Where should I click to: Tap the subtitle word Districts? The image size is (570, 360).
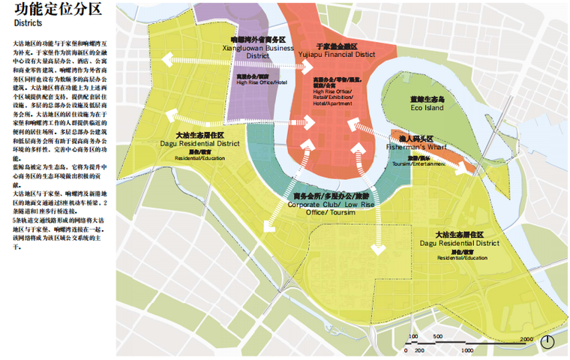pyautogui.click(x=29, y=24)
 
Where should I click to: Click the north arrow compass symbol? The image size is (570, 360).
pyautogui.click(x=549, y=341)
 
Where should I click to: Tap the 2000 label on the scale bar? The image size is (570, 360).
pyautogui.click(x=525, y=337)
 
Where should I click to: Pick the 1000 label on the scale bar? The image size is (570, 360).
pyautogui.click(x=466, y=350)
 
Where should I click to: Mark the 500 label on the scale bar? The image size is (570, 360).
pyautogui.click(x=436, y=337)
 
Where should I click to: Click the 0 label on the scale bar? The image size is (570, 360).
pyautogui.click(x=406, y=350)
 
